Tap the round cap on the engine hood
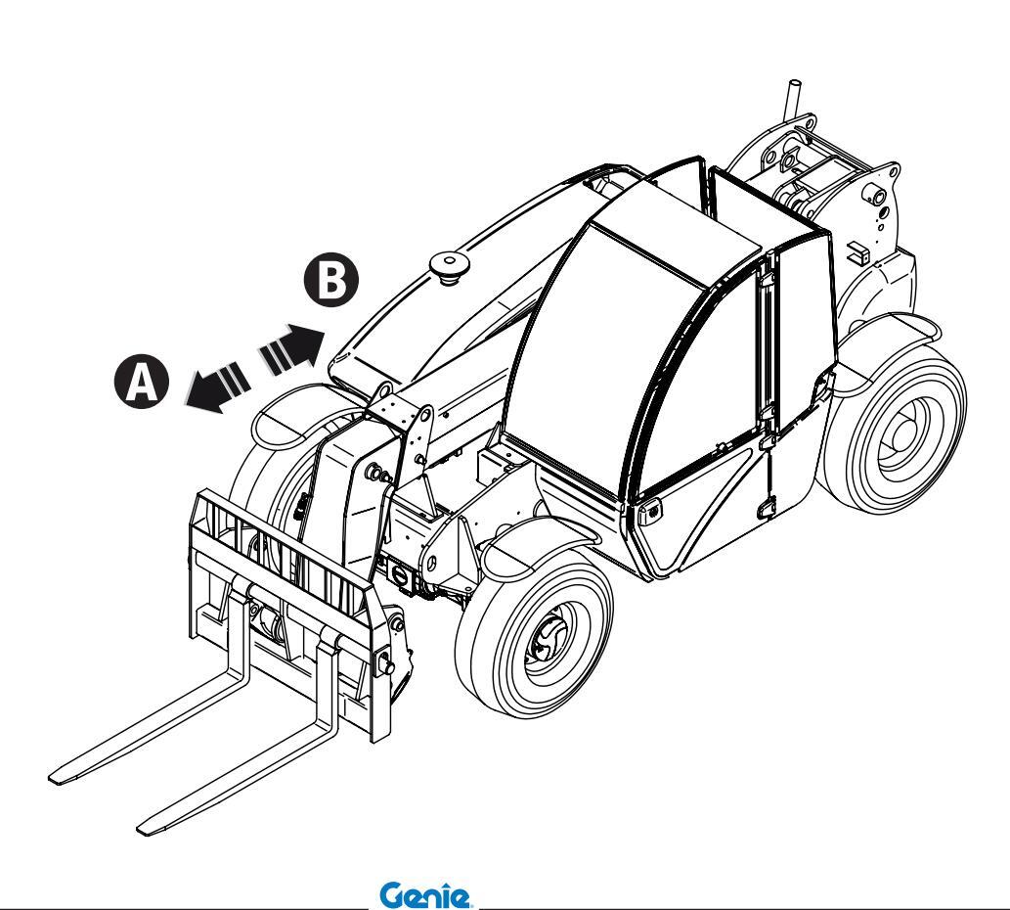pyautogui.click(x=449, y=264)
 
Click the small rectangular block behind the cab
pyautogui.click(x=859, y=252)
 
